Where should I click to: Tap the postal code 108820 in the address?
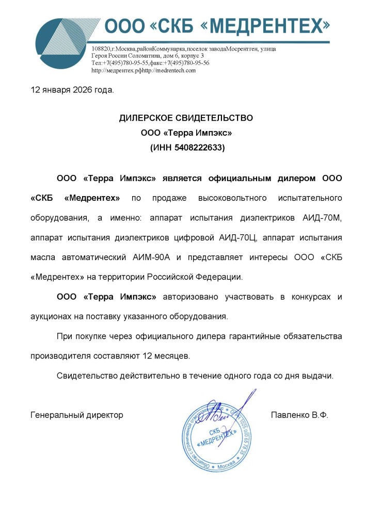101,49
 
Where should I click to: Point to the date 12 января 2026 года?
72,90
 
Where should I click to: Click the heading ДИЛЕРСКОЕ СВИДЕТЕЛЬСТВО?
186,118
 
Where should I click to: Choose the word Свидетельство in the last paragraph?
86,375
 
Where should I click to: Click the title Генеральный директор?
77,414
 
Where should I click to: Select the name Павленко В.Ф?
299,414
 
